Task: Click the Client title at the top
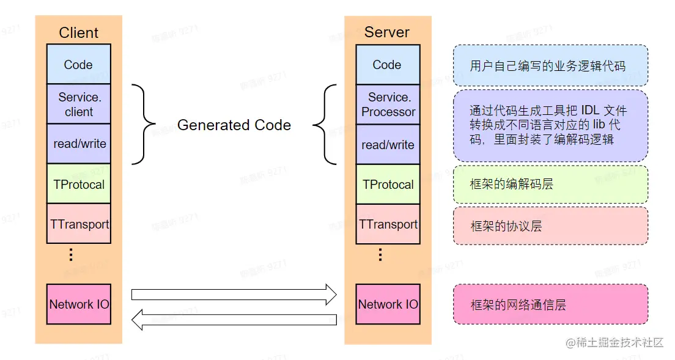coord(78,33)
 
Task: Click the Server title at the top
coord(387,32)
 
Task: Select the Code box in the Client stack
coord(78,65)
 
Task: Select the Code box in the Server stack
coord(387,65)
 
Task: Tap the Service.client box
coord(79,105)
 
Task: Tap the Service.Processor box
coord(388,105)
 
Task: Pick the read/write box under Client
coord(79,144)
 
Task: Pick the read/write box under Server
coord(388,145)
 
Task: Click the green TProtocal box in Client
coord(79,184)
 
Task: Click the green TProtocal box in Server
coord(388,185)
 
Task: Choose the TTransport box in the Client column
coord(79,224)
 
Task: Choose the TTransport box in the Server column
coord(388,224)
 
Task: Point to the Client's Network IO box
coord(79,304)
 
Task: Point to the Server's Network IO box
coord(388,304)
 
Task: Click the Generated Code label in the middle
coord(234,125)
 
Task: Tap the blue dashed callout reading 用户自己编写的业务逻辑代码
coord(550,65)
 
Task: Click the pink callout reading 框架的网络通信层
coord(550,304)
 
